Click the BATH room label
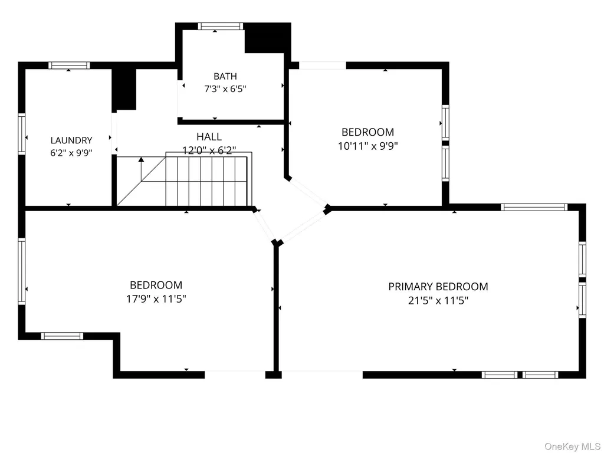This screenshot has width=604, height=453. tap(225, 76)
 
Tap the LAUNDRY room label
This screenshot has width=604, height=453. tap(71, 140)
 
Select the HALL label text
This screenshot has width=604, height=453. tap(209, 137)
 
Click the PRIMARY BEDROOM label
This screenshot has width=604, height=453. tap(438, 287)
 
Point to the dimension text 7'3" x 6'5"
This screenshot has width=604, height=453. tap(225, 89)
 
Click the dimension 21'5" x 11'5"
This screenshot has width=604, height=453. tap(438, 300)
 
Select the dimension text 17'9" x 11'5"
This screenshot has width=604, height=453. tap(156, 299)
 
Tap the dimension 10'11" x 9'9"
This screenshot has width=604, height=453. tap(368, 146)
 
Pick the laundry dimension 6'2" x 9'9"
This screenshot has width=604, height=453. tap(71, 153)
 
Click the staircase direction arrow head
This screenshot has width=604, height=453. tap(141, 159)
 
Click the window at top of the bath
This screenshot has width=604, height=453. tap(221, 26)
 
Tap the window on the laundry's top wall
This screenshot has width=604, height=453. tap(69, 65)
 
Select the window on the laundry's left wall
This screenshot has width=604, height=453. tap(22, 134)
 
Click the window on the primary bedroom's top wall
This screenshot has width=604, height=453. tap(534, 207)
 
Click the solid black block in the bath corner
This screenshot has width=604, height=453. tap(267, 38)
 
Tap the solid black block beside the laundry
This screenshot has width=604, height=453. tap(124, 90)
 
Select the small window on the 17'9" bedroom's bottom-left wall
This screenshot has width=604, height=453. tap(62, 336)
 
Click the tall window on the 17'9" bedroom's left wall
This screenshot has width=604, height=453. tap(22, 271)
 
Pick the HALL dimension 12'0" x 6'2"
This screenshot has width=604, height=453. tap(209, 150)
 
